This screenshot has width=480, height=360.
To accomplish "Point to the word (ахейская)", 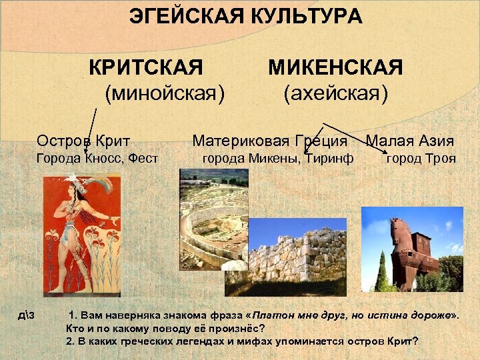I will (x=335, y=93).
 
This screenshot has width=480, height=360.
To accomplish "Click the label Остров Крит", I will (x=83, y=141).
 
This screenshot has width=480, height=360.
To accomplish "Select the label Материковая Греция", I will (x=269, y=141).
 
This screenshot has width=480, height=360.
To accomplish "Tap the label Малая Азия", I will (x=410, y=141).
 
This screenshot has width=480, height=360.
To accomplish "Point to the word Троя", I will (x=441, y=159).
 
